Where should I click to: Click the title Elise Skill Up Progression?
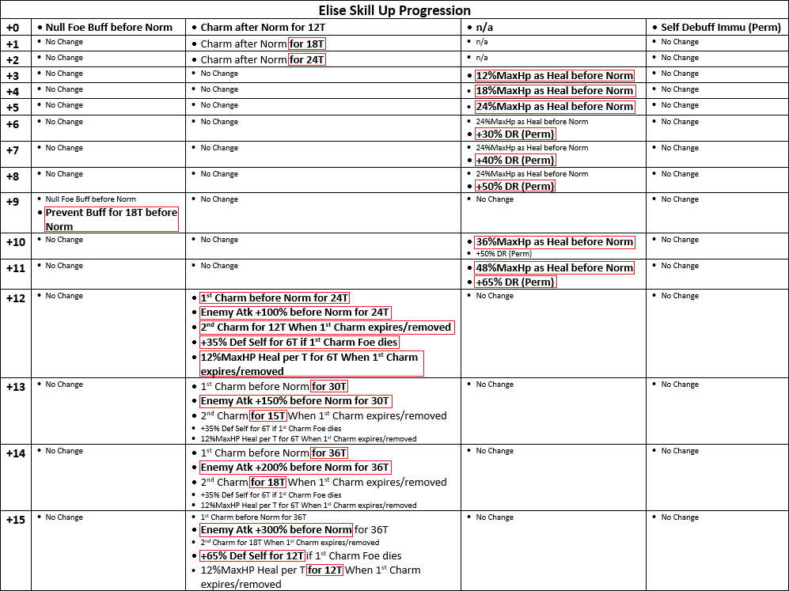pyautogui.click(x=394, y=10)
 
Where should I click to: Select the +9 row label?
pyautogui.click(x=13, y=201)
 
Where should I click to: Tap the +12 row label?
pyautogui.click(x=16, y=297)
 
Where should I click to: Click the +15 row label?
pyautogui.click(x=16, y=519)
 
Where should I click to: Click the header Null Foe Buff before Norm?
pyautogui.click(x=108, y=27)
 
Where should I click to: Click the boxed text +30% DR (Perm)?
pyautogui.click(x=515, y=134)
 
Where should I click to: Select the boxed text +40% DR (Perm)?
pyautogui.click(x=515, y=161)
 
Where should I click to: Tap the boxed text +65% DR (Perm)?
pyautogui.click(x=515, y=282)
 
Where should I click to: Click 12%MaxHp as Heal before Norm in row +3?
pyautogui.click(x=555, y=76)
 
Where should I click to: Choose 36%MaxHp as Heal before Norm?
pyautogui.click(x=555, y=242)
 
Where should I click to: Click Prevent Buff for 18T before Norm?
pyautogui.click(x=111, y=219)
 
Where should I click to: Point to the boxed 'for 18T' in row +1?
pyautogui.click(x=307, y=44)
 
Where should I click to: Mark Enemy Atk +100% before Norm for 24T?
pyautogui.click(x=294, y=313)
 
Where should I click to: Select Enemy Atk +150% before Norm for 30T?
pyautogui.click(x=294, y=401)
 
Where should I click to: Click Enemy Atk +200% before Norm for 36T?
pyautogui.click(x=294, y=468)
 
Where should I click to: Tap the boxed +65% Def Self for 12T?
pyautogui.click(x=252, y=556)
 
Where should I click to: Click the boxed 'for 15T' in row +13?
pyautogui.click(x=268, y=416)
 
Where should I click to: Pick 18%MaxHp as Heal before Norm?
pyautogui.click(x=555, y=91)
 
